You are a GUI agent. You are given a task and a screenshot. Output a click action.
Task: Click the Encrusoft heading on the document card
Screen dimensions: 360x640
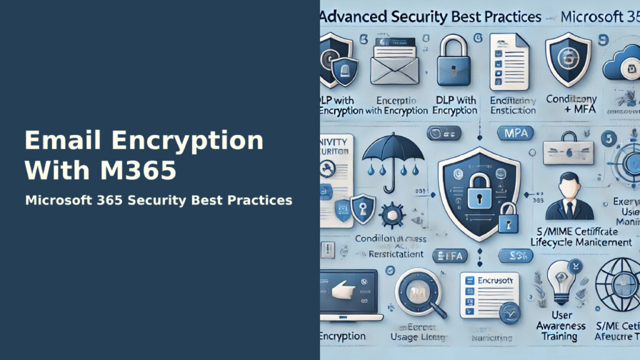[x=494, y=280]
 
